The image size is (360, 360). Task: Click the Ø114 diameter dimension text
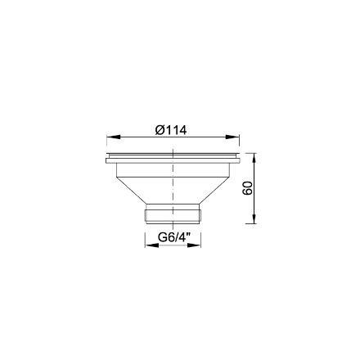171,130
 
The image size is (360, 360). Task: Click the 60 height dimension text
248,188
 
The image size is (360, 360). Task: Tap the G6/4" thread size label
172,238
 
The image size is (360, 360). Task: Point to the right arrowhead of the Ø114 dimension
232,137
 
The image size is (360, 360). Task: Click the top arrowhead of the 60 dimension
254,160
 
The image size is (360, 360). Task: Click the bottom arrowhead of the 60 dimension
254,217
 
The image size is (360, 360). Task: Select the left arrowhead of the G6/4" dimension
151,245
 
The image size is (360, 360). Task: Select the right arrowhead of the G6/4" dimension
194,245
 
